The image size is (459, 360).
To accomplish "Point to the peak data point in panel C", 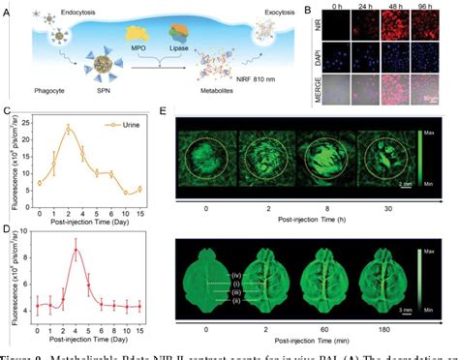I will (x=68, y=128).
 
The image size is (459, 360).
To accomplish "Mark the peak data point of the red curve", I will (x=76, y=251).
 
